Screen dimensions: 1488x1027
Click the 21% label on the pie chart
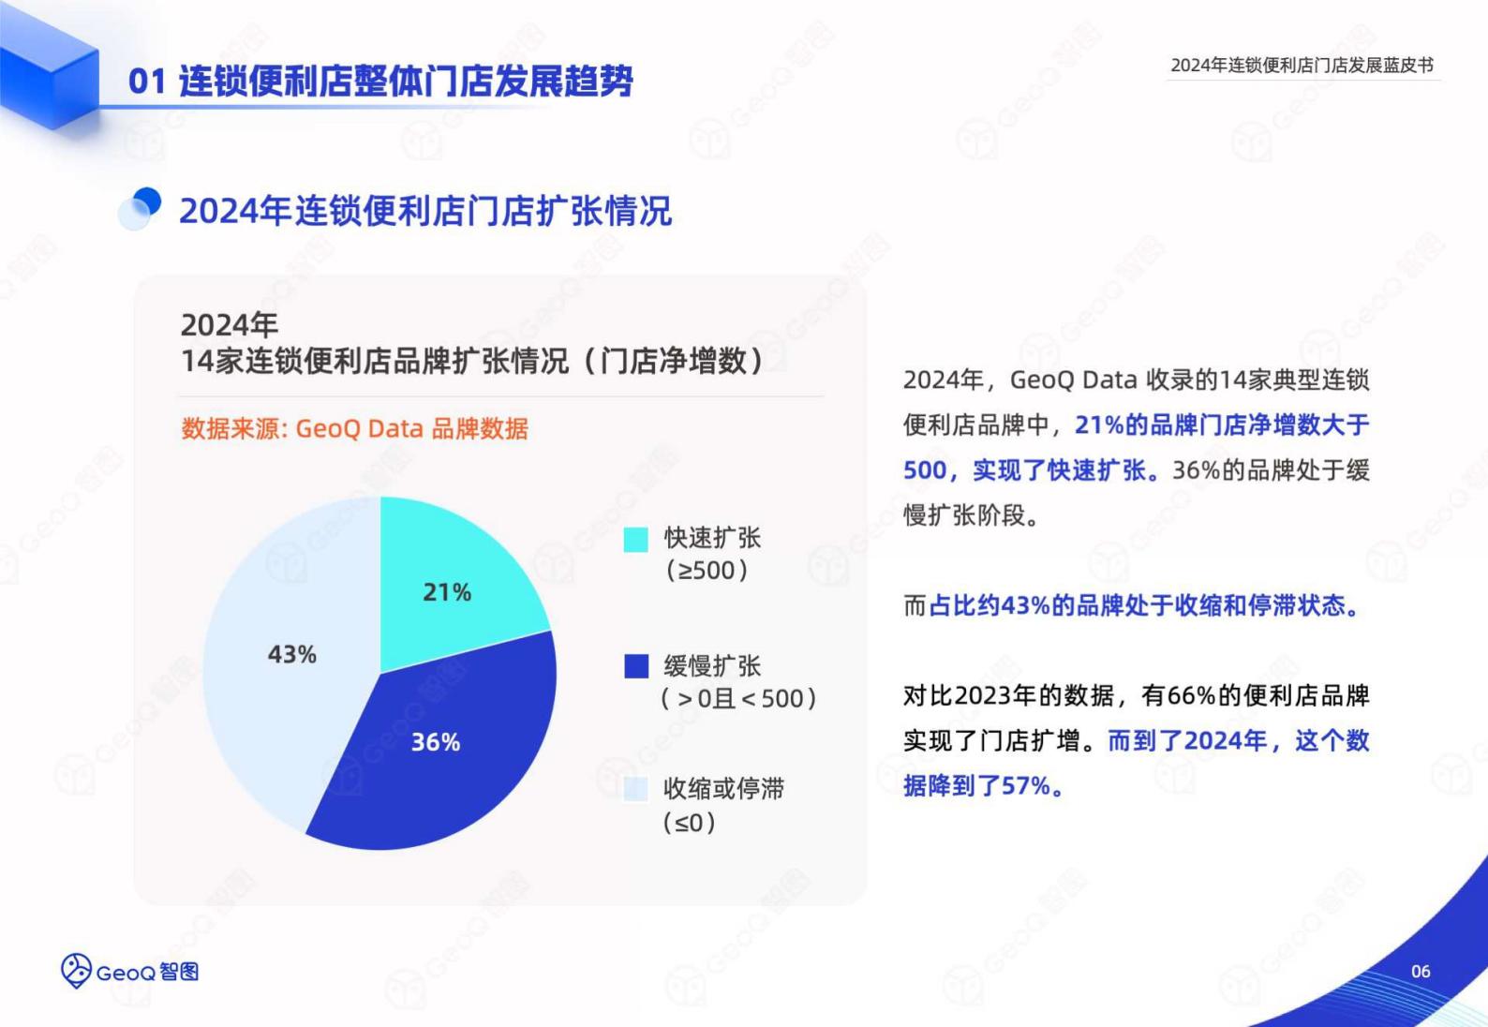point(447,592)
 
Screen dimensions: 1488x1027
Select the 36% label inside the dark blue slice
point(436,742)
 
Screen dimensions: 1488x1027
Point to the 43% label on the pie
point(292,654)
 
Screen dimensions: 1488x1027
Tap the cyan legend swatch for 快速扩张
point(635,540)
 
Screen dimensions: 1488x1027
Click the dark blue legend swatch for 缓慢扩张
point(636,666)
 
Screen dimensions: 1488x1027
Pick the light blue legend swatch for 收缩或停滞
point(635,790)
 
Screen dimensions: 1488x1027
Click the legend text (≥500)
point(707,571)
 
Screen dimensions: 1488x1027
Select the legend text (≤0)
point(689,823)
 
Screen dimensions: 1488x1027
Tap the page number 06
point(1421,971)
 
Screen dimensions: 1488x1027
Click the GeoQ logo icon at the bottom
point(76,971)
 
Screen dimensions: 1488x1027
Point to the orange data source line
point(355,428)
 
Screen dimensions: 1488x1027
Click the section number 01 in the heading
point(147,82)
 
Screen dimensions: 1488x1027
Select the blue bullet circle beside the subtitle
point(141,208)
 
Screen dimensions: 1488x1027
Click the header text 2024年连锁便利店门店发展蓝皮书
point(1302,65)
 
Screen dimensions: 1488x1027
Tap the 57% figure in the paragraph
point(1026,786)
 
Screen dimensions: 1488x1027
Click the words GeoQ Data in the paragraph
point(1074,380)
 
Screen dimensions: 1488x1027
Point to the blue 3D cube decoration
point(50,67)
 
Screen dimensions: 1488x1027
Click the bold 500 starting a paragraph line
point(925,470)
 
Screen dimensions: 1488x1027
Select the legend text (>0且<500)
point(738,699)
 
